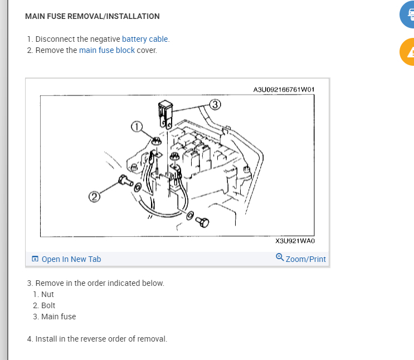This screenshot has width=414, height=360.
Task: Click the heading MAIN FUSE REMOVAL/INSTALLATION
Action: click(92, 16)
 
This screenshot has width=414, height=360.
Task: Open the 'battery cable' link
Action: click(145, 39)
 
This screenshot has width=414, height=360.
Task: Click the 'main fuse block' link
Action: click(106, 50)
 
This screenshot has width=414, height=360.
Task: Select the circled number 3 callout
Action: click(215, 104)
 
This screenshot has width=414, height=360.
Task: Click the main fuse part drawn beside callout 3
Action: click(165, 112)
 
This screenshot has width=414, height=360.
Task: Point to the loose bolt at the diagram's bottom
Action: click(203, 222)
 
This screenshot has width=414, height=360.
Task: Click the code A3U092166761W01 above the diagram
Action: click(284, 89)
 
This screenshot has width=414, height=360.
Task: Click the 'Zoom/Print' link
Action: click(305, 259)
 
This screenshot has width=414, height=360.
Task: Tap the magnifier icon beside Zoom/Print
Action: click(280, 257)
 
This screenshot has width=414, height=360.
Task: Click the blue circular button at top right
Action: click(408, 14)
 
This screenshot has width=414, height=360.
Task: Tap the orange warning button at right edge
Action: click(408, 52)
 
